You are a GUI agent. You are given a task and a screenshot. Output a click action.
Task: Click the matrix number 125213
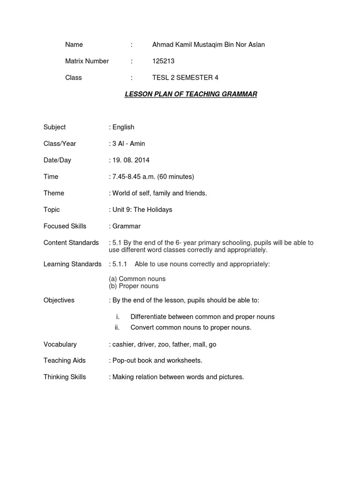coord(163,61)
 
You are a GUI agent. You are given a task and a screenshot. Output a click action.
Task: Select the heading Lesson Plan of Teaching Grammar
coord(191,94)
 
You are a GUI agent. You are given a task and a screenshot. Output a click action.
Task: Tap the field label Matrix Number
coord(87,61)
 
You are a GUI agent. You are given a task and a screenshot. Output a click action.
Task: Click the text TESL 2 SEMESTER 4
coord(185,77)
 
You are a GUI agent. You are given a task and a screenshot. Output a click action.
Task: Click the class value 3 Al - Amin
coord(128,143)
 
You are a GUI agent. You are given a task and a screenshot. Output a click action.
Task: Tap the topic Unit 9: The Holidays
coord(142,210)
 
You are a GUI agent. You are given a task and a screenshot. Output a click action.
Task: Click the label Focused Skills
coord(65,226)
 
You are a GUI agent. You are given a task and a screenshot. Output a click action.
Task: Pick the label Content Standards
coord(71,243)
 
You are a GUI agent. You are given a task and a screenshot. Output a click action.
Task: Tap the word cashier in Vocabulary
coord(123,344)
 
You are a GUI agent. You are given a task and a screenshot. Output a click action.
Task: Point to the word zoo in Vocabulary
coord(167,344)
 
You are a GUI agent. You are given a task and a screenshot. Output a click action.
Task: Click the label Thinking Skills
coord(65,377)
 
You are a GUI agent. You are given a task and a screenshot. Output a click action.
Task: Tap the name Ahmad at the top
coord(163,45)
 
